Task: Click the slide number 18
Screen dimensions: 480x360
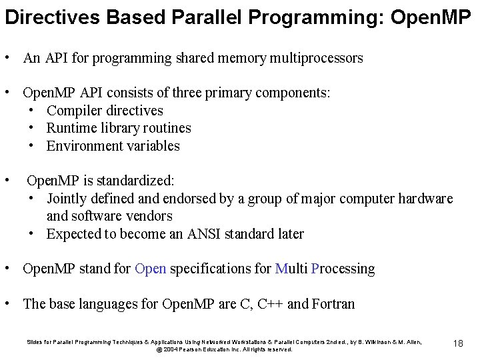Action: pos(458,343)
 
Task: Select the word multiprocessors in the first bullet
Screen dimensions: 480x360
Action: pos(317,58)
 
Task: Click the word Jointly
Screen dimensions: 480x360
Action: pos(67,199)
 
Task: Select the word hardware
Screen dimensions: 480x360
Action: pos(425,199)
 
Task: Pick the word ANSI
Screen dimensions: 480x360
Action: pos(197,234)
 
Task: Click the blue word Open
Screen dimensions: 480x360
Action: pos(151,269)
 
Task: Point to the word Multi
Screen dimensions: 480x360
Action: pos(291,269)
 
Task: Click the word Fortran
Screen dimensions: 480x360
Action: pos(333,305)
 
